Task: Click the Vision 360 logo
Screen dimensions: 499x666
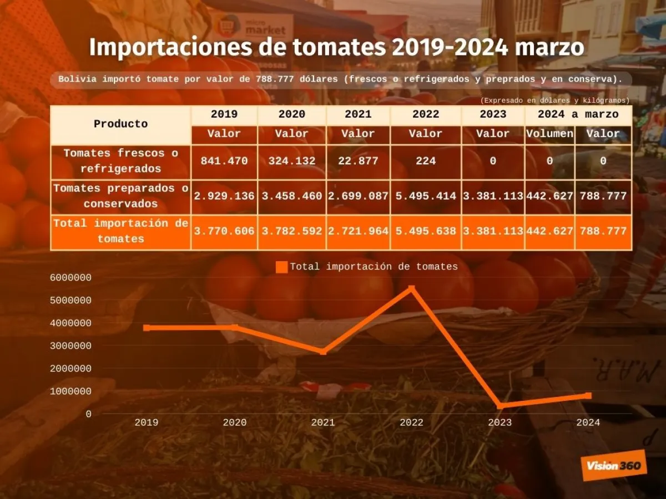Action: tap(613, 465)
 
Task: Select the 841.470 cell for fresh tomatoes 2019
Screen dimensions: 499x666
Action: tap(224, 161)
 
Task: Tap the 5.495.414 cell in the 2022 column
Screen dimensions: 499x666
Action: tap(426, 196)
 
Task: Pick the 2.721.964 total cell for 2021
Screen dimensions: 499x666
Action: tap(358, 231)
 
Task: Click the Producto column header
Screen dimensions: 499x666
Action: tap(120, 124)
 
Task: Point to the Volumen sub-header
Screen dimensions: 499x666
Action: tap(549, 134)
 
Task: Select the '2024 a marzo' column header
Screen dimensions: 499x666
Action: tap(578, 114)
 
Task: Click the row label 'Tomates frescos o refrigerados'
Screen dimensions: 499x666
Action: tap(120, 161)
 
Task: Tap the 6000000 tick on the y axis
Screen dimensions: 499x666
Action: tap(70, 278)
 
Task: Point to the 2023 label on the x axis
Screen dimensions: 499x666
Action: tap(500, 422)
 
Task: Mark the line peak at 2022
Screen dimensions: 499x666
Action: tap(411, 288)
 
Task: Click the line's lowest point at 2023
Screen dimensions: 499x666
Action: tap(500, 406)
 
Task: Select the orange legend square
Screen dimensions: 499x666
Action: tap(281, 267)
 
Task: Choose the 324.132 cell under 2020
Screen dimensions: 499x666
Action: tap(291, 161)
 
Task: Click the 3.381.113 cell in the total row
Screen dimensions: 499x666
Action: tap(493, 231)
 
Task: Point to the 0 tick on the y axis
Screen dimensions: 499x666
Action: tap(88, 414)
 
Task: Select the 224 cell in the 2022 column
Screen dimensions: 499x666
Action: tap(426, 161)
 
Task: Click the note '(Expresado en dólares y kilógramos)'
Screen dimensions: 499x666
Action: tap(555, 100)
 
